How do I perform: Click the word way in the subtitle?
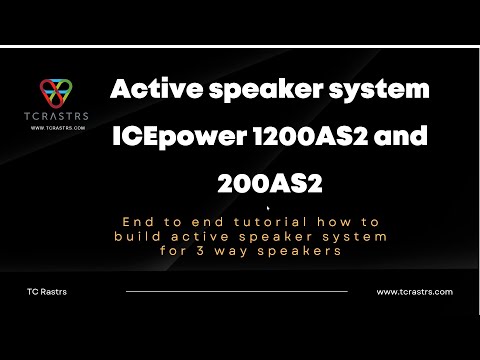(241, 252)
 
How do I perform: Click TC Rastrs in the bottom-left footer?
(47, 292)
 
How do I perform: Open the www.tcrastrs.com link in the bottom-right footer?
(414, 292)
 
